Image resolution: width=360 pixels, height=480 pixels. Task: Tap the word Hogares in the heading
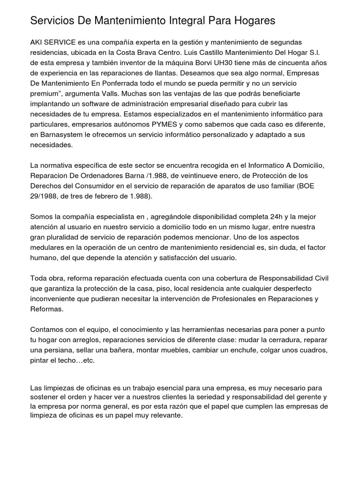[252, 21]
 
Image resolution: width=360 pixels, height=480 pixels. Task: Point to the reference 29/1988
[45, 196]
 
